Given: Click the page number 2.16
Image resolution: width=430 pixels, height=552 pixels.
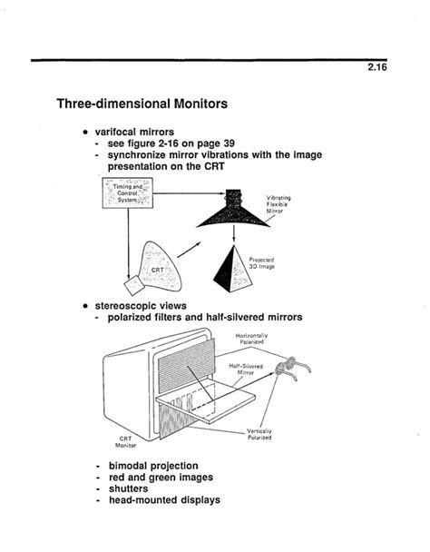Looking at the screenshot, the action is (x=377, y=67).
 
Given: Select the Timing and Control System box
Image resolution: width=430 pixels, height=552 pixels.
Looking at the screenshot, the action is (x=127, y=192).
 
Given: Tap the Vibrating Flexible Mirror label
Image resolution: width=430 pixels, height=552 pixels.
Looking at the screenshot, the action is (x=279, y=204).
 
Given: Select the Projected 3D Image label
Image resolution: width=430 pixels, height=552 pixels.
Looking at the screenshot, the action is (x=262, y=263).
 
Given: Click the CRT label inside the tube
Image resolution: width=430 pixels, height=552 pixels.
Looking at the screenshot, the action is (x=157, y=270).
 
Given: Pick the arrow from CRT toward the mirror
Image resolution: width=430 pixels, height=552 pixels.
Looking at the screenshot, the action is (x=189, y=250).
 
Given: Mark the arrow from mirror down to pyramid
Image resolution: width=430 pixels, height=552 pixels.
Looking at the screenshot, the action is (x=234, y=234).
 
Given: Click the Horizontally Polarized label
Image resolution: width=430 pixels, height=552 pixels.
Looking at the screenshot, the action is (x=251, y=339).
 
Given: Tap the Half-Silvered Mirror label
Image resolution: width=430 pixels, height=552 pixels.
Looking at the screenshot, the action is (x=246, y=370).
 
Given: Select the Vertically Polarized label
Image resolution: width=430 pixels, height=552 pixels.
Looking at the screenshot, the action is (x=259, y=434).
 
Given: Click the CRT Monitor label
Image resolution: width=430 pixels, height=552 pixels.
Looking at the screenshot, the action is (x=125, y=442).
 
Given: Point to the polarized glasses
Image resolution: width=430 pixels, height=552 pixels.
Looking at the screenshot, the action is (x=293, y=369).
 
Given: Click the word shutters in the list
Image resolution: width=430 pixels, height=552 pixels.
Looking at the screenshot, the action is (x=129, y=488).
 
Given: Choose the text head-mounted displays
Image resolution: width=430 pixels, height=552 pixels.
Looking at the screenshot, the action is (x=165, y=500).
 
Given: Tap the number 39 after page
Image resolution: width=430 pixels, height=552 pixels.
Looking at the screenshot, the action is (x=230, y=143).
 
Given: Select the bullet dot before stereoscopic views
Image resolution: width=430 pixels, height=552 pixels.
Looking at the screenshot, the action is (x=85, y=306).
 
